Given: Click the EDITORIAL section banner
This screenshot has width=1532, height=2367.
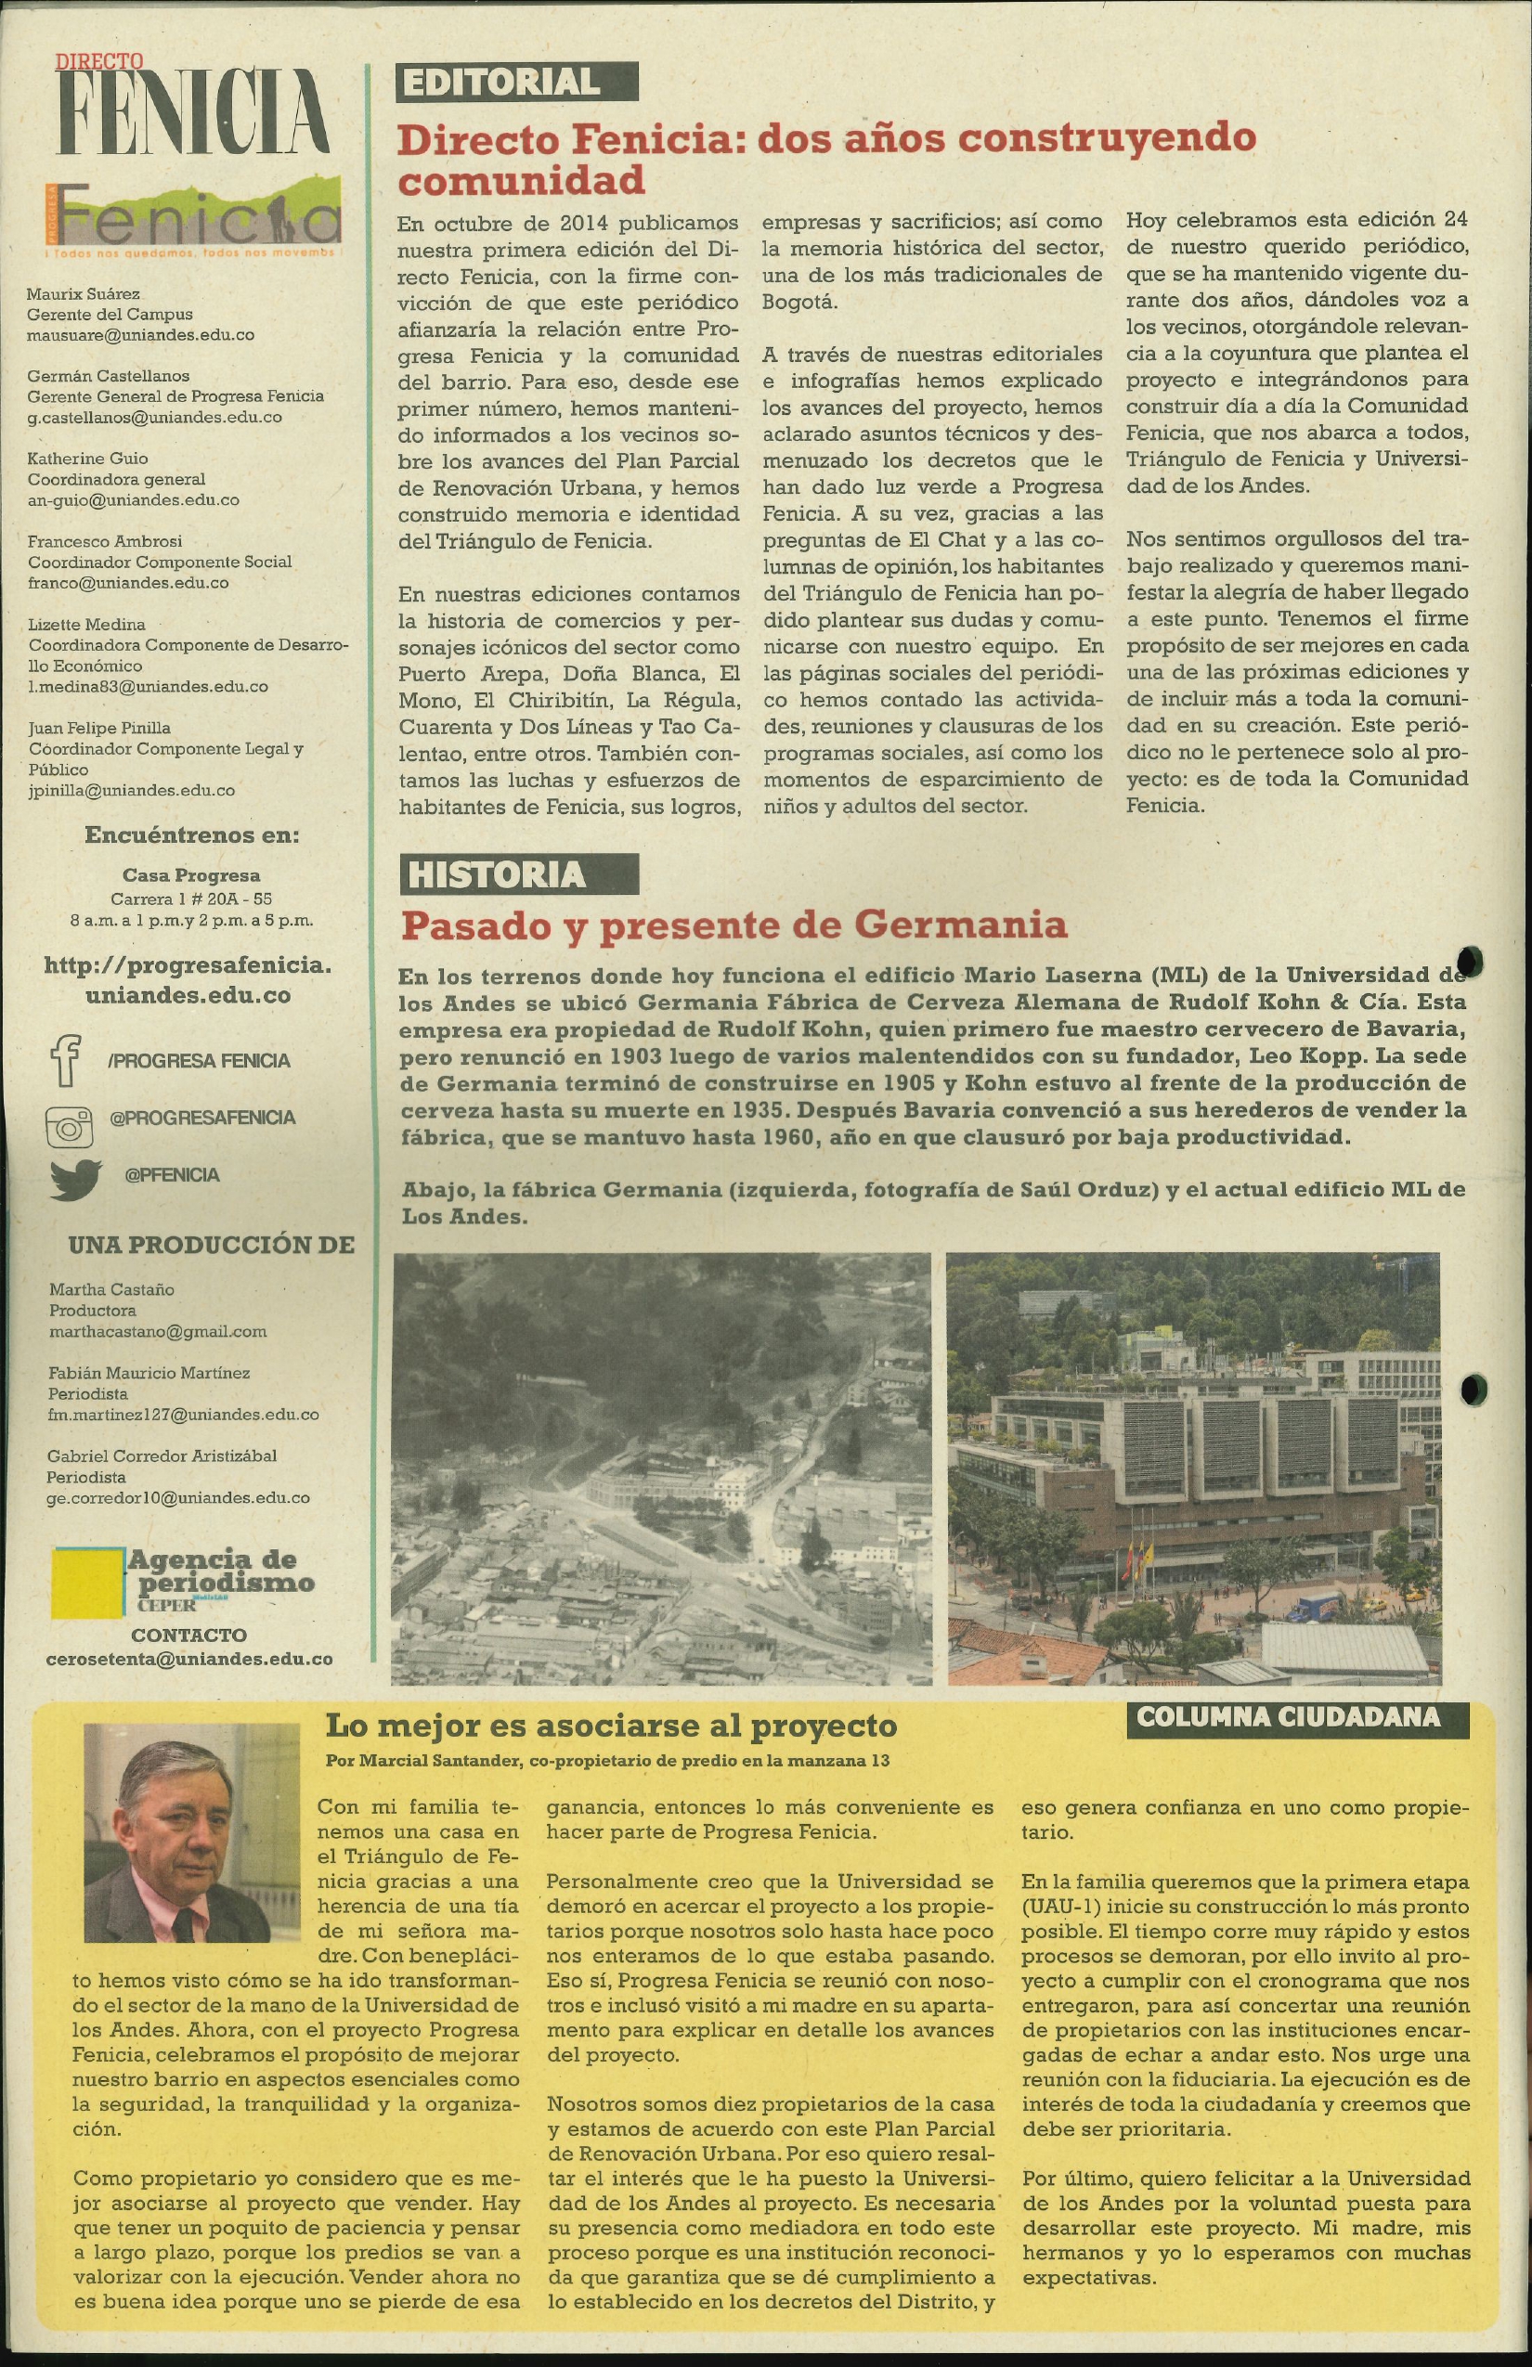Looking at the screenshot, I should click(516, 83).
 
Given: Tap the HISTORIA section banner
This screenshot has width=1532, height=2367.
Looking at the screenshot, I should click(517, 874).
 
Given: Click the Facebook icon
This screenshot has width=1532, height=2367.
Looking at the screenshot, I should click(66, 1060).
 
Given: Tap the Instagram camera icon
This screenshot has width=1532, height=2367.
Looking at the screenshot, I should click(70, 1127).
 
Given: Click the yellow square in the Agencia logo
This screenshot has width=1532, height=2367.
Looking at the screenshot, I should click(88, 1584).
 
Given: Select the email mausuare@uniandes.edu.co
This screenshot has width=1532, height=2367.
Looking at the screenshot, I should click(140, 335).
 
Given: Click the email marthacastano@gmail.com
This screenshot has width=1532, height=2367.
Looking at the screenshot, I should click(158, 1331).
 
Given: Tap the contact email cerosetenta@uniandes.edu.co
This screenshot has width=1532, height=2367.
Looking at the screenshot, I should click(189, 1659).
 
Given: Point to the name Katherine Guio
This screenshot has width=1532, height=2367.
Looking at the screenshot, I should click(87, 459).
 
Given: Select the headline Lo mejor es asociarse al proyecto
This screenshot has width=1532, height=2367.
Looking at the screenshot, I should click(611, 1726).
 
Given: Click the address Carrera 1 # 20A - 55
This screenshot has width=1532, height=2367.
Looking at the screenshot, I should click(191, 899).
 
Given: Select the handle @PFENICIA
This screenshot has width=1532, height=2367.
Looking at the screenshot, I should click(171, 1175).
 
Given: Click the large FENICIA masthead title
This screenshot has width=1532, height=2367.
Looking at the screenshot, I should click(193, 110).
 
